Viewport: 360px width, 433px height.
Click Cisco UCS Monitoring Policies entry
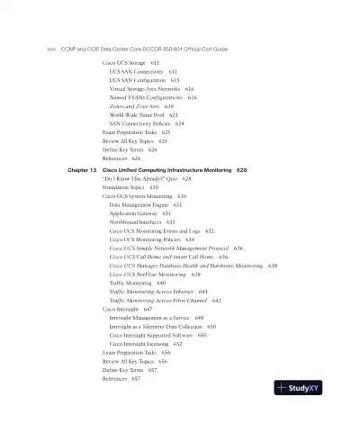pyautogui.click(x=151, y=239)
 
